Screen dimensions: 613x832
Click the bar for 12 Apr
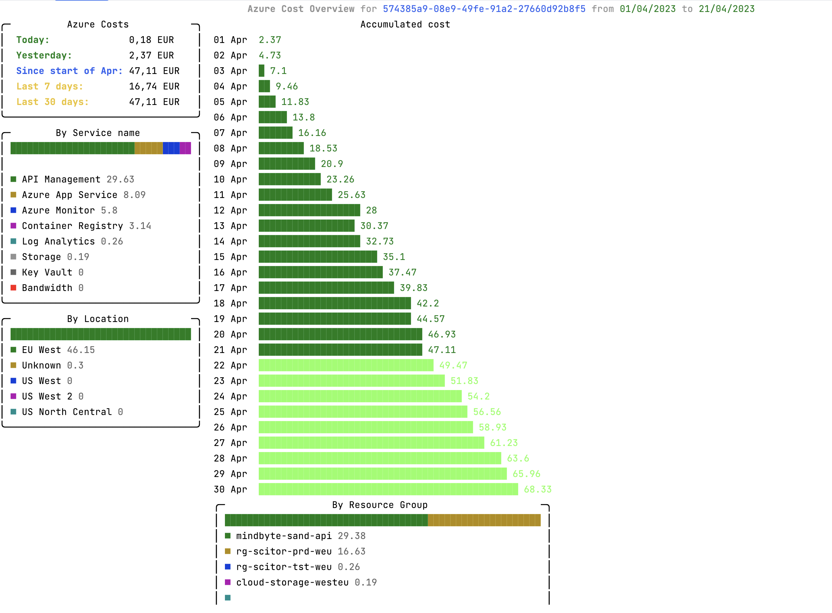click(309, 210)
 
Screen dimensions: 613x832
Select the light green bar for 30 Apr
click(388, 489)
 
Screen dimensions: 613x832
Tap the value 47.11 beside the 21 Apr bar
click(441, 350)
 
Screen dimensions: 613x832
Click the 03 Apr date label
click(230, 71)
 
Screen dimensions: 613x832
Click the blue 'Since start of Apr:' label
click(69, 71)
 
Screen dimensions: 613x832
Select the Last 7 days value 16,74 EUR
click(154, 86)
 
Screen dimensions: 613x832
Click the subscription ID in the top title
click(484, 9)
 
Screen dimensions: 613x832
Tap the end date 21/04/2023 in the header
click(726, 9)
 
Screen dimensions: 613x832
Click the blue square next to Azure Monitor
click(13, 210)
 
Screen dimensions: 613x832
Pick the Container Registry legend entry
click(72, 226)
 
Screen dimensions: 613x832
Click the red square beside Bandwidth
click(13, 288)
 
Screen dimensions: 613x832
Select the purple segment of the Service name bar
click(185, 148)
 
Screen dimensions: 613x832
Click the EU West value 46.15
click(81, 350)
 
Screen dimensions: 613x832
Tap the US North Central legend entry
click(67, 412)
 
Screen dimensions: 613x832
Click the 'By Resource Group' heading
click(379, 505)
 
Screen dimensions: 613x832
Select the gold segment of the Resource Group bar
click(484, 520)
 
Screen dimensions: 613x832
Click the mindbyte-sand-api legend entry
click(284, 536)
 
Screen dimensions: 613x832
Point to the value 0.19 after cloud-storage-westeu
click(365, 582)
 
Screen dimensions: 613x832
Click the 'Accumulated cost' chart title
click(405, 25)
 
